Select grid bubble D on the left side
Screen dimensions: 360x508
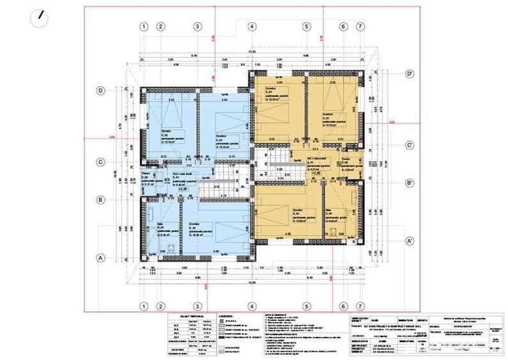[100, 91]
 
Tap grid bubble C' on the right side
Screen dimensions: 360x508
[412, 146]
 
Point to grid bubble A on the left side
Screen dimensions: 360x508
[100, 258]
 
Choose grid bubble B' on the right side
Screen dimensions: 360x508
[412, 184]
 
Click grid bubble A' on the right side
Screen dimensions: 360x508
[412, 242]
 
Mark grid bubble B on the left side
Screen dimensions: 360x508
[100, 200]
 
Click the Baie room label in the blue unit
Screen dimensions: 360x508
[159, 224]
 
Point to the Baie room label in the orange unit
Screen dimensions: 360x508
[328, 212]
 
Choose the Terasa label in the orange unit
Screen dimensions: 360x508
[344, 159]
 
